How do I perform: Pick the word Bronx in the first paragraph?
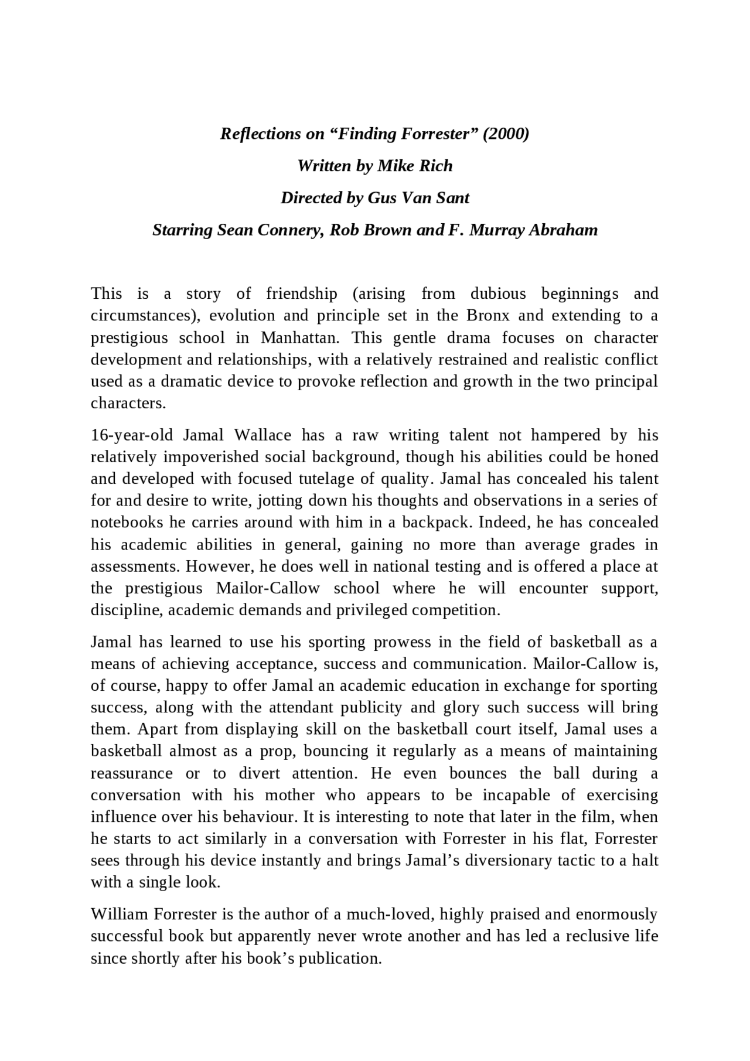pos(489,316)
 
